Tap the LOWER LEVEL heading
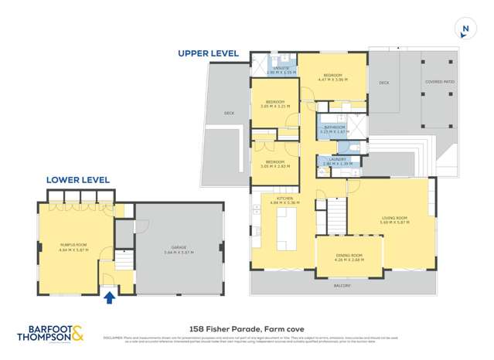click(77, 180)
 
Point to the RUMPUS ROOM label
click(73, 247)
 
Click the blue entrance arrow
click(109, 297)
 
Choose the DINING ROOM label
click(349, 257)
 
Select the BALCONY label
click(342, 286)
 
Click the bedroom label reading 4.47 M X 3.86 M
click(332, 78)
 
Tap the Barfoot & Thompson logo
click(50, 333)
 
